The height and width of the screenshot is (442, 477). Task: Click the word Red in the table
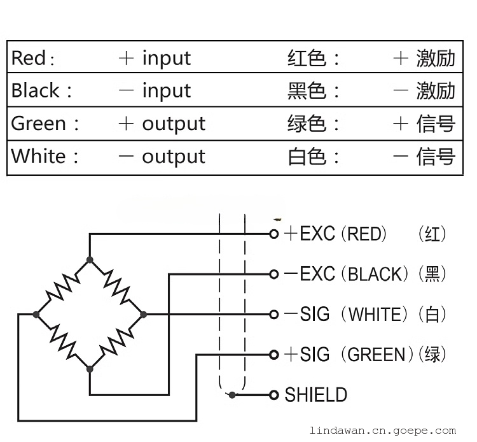tap(29, 59)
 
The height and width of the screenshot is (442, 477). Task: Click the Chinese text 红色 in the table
tap(307, 59)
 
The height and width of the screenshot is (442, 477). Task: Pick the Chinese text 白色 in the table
tap(307, 156)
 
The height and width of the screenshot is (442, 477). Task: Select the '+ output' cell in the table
tap(162, 124)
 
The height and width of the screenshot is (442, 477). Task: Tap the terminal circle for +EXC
tap(274, 234)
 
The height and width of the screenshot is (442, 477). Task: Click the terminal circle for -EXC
tap(274, 274)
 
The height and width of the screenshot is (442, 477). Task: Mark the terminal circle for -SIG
tap(274, 315)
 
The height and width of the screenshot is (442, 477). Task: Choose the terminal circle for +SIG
tap(274, 355)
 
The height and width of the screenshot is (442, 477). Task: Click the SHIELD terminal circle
tap(274, 395)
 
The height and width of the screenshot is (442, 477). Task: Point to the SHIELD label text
tap(316, 395)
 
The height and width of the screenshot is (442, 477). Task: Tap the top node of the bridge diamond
tap(90, 260)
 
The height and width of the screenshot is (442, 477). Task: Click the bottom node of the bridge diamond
tap(90, 368)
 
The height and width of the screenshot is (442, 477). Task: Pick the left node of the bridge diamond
tap(36, 314)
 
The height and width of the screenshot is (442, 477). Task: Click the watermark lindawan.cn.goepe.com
tap(382, 431)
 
